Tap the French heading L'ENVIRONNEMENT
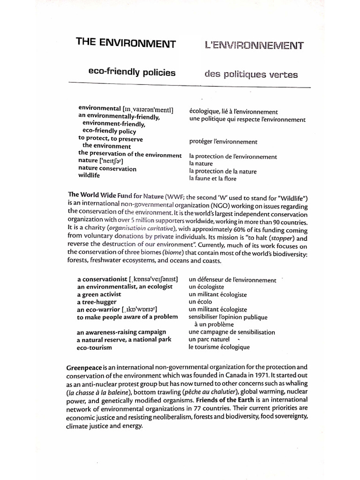(x=254, y=45)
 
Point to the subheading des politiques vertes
(x=251, y=74)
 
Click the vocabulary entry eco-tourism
(x=95, y=347)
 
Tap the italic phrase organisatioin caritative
(x=141, y=228)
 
